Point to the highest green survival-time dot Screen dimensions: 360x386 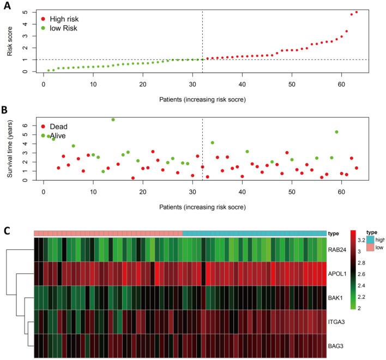[113, 119]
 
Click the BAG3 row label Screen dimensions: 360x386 [337, 345]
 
